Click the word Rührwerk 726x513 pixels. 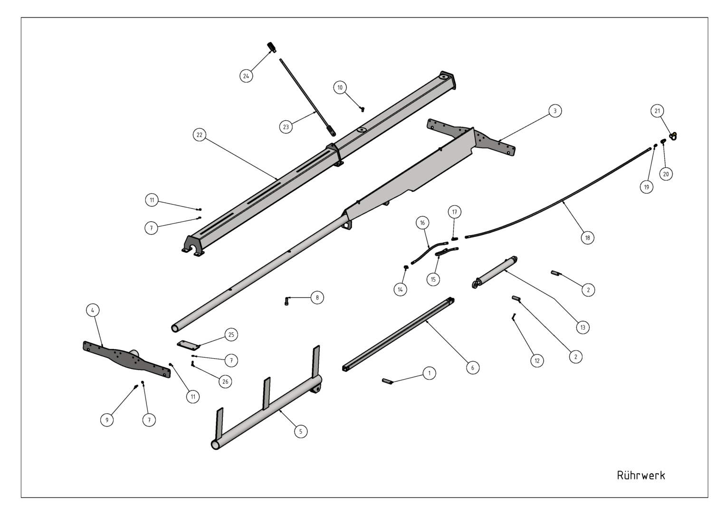click(x=641, y=475)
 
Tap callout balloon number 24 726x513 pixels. click(x=246, y=76)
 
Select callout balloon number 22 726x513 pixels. click(x=200, y=135)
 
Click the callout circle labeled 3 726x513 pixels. click(x=555, y=111)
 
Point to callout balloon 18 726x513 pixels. click(x=587, y=238)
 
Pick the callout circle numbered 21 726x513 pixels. click(x=657, y=111)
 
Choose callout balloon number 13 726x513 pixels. click(x=583, y=327)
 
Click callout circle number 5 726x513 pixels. click(x=301, y=431)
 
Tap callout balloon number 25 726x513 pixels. click(x=231, y=334)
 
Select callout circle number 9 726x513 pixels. click(x=107, y=420)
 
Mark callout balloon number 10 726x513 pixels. click(x=340, y=87)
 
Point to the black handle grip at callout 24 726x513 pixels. click(x=272, y=47)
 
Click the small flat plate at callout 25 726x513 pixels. click(x=188, y=345)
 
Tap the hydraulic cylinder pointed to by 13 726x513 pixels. click(x=495, y=272)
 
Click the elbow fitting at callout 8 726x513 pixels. click(x=287, y=301)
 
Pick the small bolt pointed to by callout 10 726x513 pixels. click(x=363, y=109)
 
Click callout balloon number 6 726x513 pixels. click(x=473, y=368)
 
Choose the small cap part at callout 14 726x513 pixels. click(x=405, y=267)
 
